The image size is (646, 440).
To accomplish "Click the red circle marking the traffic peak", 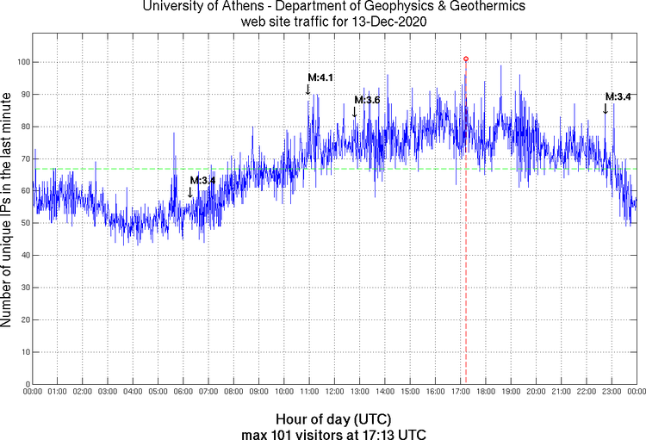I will point(466,59).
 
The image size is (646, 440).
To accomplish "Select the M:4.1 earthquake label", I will point(320,77).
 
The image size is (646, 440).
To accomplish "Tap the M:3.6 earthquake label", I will point(367,100).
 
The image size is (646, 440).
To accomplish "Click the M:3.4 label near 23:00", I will point(618,96).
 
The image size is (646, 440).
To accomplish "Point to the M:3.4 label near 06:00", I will point(202,180).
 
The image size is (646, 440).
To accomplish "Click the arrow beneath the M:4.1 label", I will point(308,89).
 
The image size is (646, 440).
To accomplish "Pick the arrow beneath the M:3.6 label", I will point(354,111).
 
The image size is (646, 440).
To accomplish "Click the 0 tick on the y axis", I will point(28,384).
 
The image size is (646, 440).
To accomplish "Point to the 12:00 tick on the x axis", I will point(334,393).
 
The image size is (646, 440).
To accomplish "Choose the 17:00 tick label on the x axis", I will point(460,393).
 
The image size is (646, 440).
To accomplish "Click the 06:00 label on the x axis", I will point(183,393).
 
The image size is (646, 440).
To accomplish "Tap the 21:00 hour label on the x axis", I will point(561,393).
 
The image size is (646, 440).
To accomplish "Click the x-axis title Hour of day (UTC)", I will point(335,418).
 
